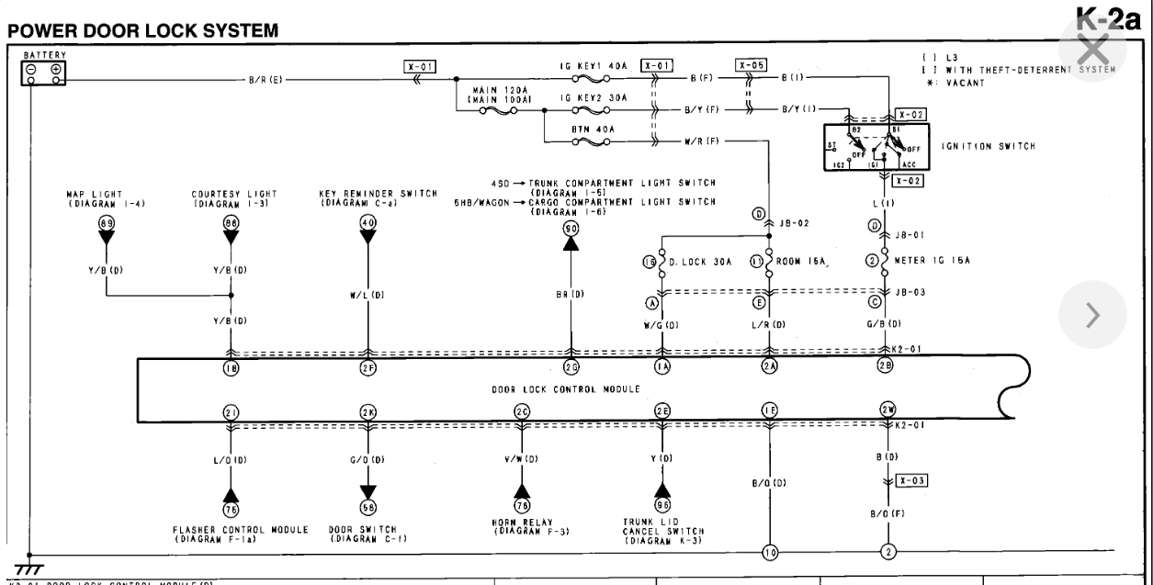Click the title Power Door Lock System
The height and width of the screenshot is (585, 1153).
pyautogui.click(x=142, y=31)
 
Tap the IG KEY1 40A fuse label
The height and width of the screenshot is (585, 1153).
pyautogui.click(x=593, y=67)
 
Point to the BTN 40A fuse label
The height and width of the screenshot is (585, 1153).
pyautogui.click(x=593, y=129)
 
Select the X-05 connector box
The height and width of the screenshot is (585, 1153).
pyautogui.click(x=751, y=65)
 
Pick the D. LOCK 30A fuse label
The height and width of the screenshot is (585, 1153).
pyautogui.click(x=700, y=261)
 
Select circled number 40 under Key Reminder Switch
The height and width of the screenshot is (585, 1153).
pyautogui.click(x=368, y=222)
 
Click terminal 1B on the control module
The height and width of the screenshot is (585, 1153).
pyautogui.click(x=231, y=368)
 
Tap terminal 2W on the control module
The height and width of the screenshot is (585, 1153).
pyautogui.click(x=887, y=410)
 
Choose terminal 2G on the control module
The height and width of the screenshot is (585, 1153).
pyautogui.click(x=571, y=368)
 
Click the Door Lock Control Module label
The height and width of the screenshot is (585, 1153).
pyautogui.click(x=565, y=389)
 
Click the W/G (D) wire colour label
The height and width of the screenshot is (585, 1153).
pyautogui.click(x=660, y=324)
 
